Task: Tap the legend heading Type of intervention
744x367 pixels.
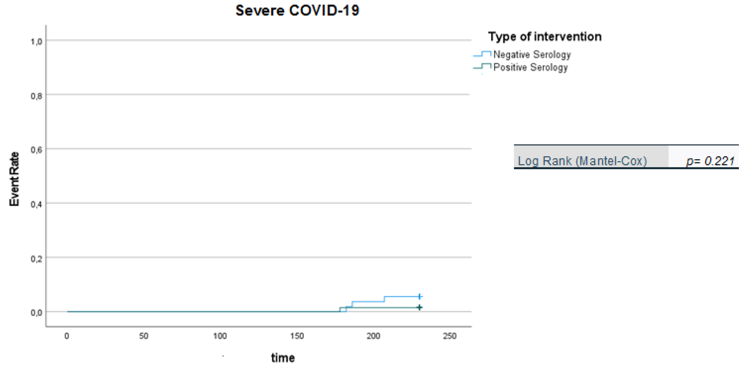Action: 545,37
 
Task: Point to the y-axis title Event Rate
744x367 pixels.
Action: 14,179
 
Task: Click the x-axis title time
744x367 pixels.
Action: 283,358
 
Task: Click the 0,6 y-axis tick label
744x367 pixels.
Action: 36,150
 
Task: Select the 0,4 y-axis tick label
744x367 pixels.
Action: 36,205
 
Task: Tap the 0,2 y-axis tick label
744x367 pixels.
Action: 36,258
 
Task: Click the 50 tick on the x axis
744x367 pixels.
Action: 143,336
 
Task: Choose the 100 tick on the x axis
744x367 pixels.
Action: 220,336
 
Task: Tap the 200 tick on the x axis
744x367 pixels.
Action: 373,336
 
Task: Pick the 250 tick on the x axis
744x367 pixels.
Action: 450,336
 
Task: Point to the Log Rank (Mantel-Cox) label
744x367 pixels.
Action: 582,161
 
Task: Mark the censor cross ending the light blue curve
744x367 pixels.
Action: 420,297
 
